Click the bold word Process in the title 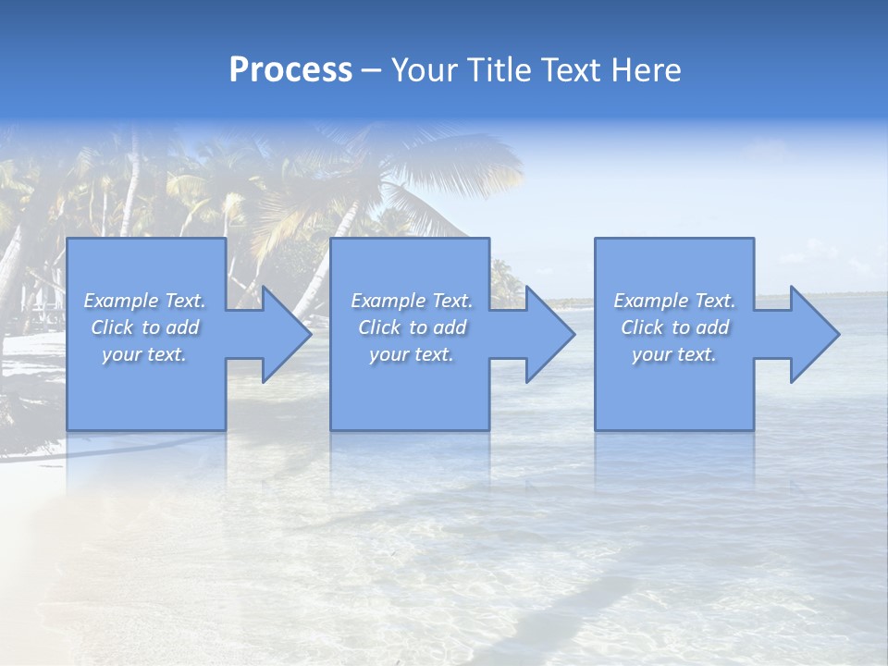point(290,70)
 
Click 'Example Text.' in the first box point(145,301)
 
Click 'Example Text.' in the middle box point(412,301)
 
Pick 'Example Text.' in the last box point(674,301)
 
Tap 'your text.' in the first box point(144,354)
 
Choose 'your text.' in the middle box point(412,354)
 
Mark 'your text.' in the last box point(674,354)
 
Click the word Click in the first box point(112,327)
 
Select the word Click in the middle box point(379,327)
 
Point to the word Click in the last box point(642,327)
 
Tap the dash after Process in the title point(370,70)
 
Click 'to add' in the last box point(705,327)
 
